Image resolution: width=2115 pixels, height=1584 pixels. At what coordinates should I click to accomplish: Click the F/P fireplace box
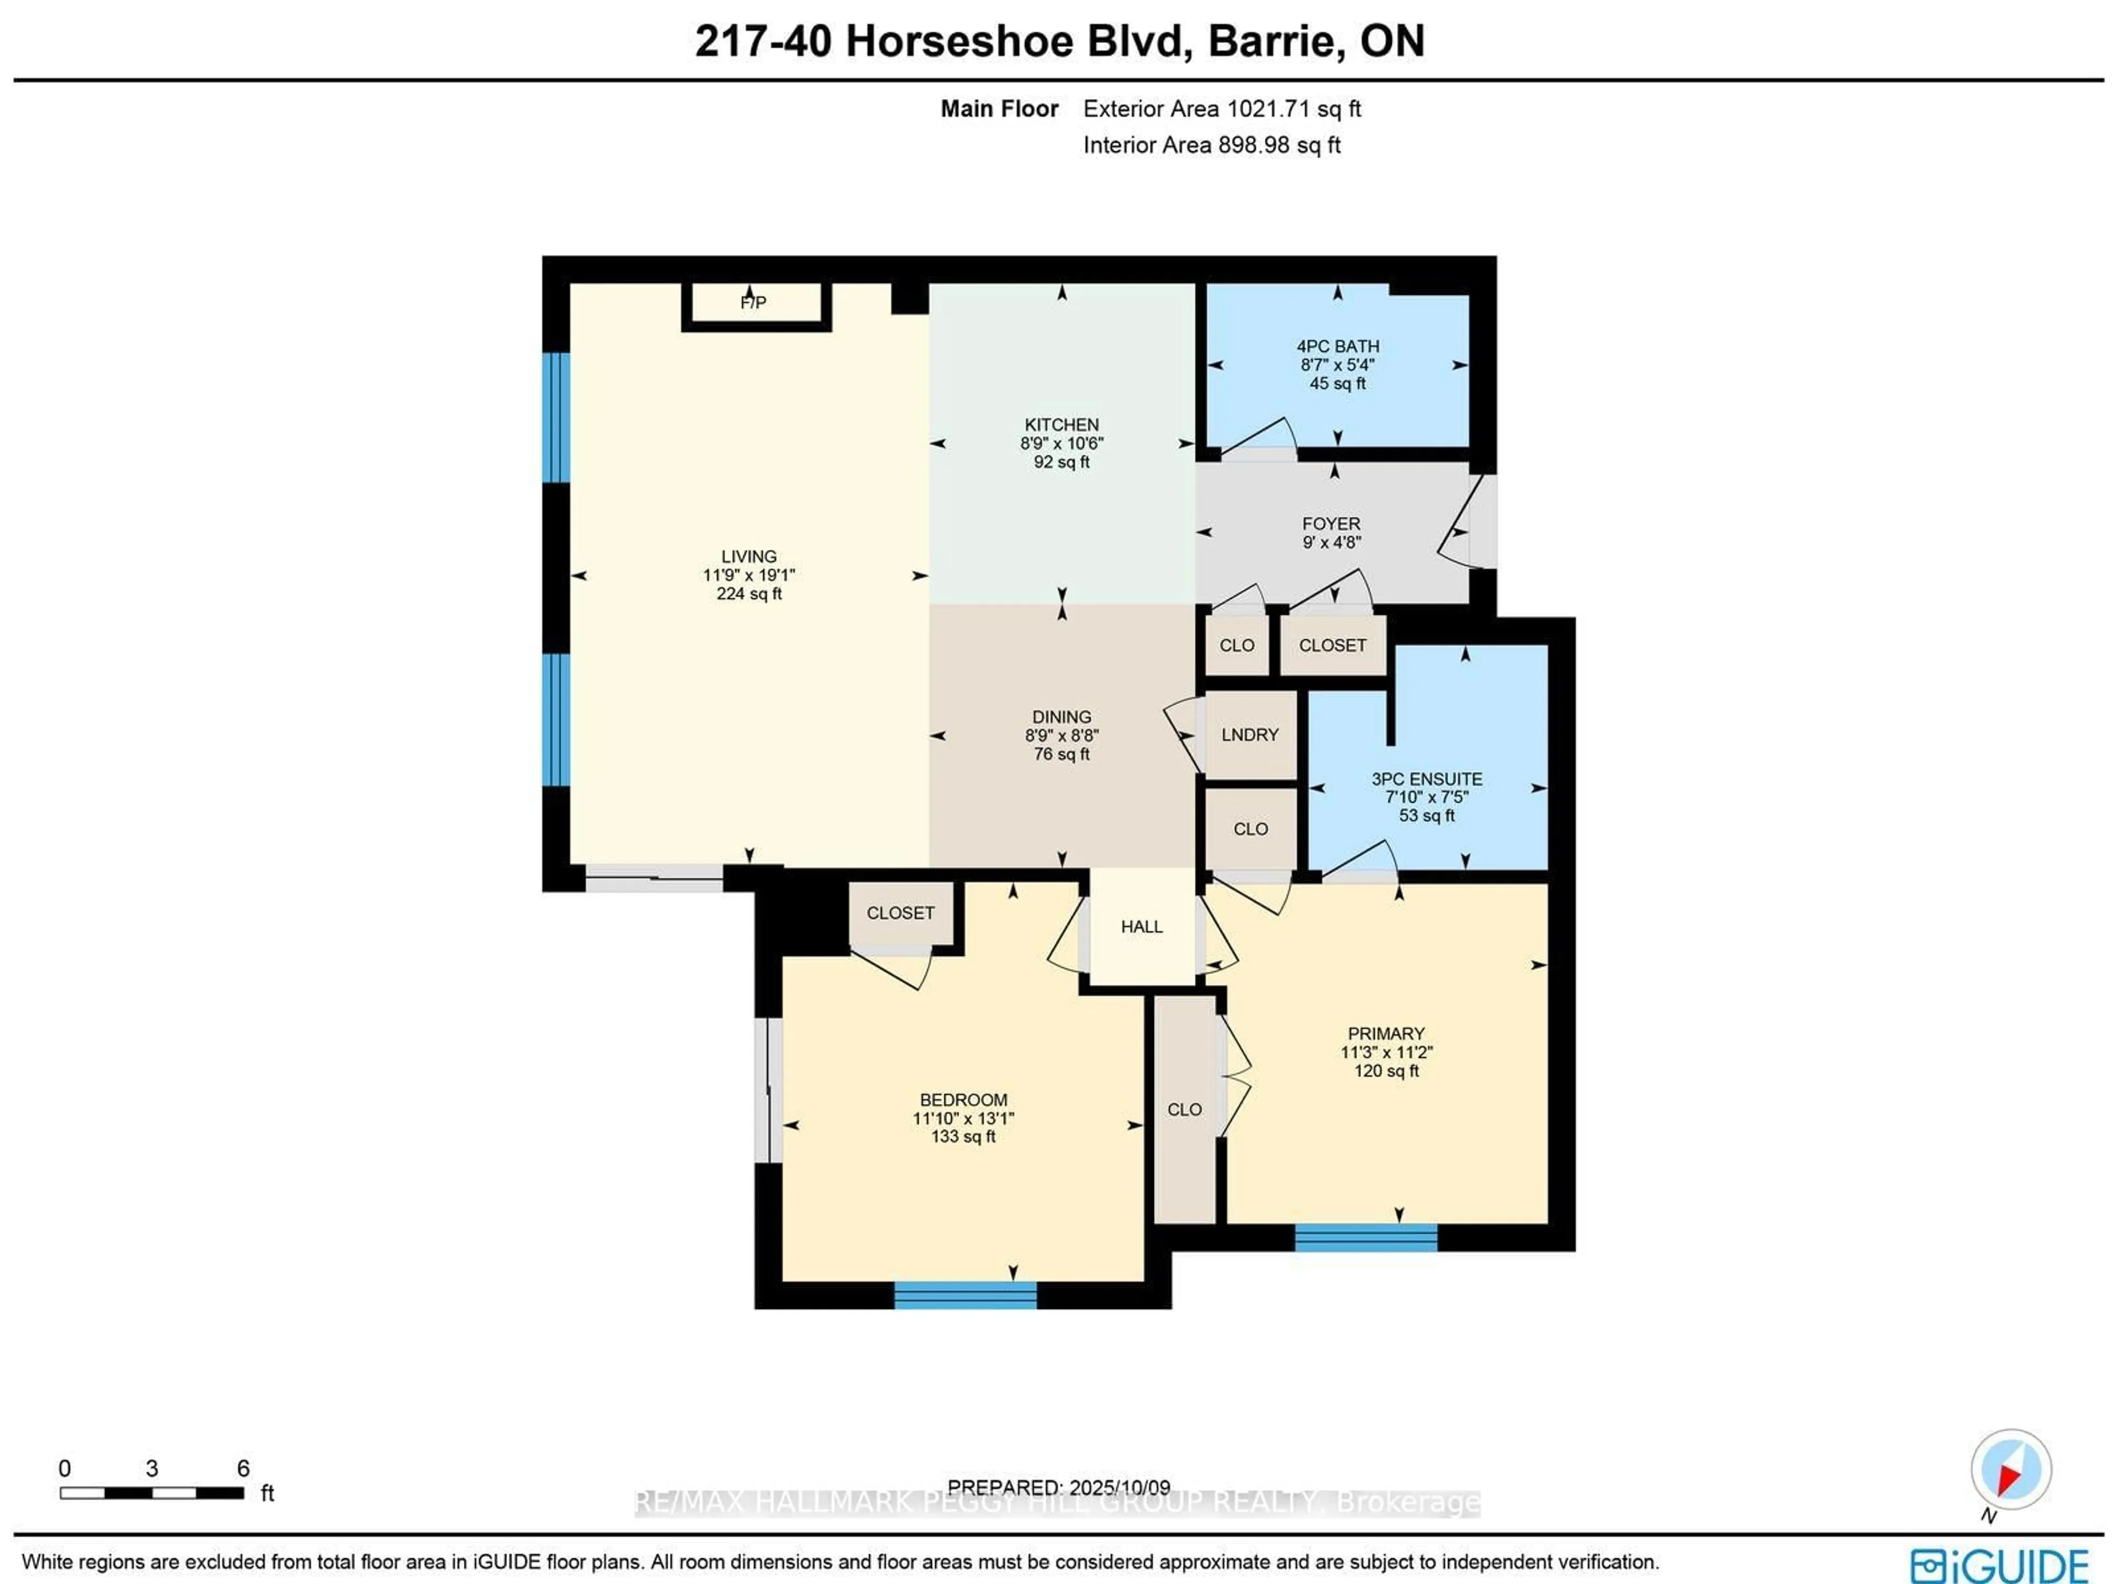[755, 304]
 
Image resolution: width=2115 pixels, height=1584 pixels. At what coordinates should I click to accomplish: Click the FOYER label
[1331, 524]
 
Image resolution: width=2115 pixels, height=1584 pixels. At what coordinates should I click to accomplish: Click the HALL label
[1142, 927]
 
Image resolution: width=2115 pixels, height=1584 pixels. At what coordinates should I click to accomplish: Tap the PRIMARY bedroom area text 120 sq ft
[1385, 1071]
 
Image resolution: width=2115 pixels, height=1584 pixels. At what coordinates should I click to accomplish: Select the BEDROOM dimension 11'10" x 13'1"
[963, 1118]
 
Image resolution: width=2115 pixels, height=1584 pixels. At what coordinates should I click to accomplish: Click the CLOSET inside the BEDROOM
[900, 913]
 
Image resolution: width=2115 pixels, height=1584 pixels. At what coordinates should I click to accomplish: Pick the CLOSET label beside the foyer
[1332, 646]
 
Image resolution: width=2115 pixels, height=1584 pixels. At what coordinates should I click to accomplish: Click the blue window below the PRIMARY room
[1365, 1238]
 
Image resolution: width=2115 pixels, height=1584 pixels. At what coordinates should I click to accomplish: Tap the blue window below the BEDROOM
[965, 1295]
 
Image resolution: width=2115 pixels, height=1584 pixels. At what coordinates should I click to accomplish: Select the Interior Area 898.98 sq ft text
[1211, 145]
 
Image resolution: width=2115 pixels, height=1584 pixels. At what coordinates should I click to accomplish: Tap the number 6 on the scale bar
[243, 1468]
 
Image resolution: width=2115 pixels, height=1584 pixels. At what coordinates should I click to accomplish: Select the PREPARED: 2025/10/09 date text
[1059, 1488]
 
